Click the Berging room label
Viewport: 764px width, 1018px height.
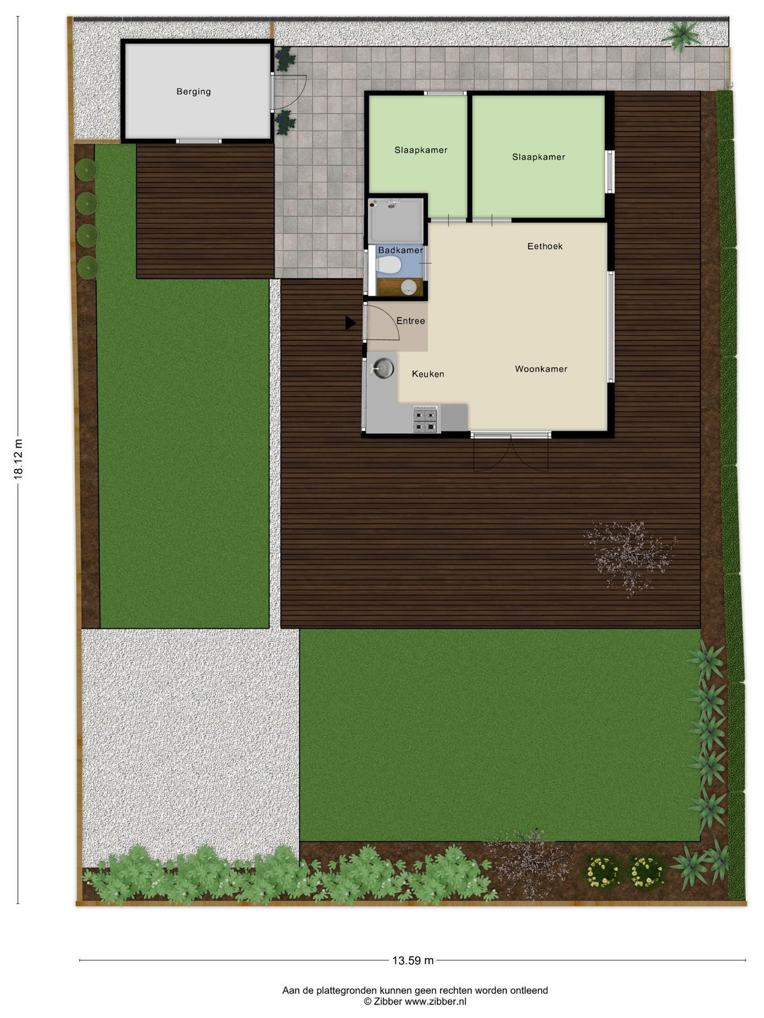[x=194, y=92]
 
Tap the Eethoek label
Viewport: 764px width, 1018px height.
[x=544, y=246]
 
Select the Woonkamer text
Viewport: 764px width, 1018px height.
[x=541, y=369]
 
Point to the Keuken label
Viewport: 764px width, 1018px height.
[x=428, y=374]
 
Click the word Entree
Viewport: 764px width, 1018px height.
[x=411, y=321]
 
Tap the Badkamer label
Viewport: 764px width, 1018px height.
[x=400, y=251]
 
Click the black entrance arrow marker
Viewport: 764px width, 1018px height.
[x=350, y=323]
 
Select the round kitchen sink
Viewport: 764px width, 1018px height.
[x=383, y=369]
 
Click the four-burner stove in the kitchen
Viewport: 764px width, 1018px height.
[x=425, y=420]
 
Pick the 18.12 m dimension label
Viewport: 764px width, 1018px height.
[x=18, y=458]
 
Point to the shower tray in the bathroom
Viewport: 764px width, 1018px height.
[x=395, y=220]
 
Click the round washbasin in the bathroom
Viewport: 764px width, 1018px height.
[x=409, y=288]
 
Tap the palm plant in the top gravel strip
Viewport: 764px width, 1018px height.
[x=682, y=35]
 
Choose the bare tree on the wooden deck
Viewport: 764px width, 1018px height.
[x=630, y=559]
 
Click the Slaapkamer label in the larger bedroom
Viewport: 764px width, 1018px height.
[x=539, y=157]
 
